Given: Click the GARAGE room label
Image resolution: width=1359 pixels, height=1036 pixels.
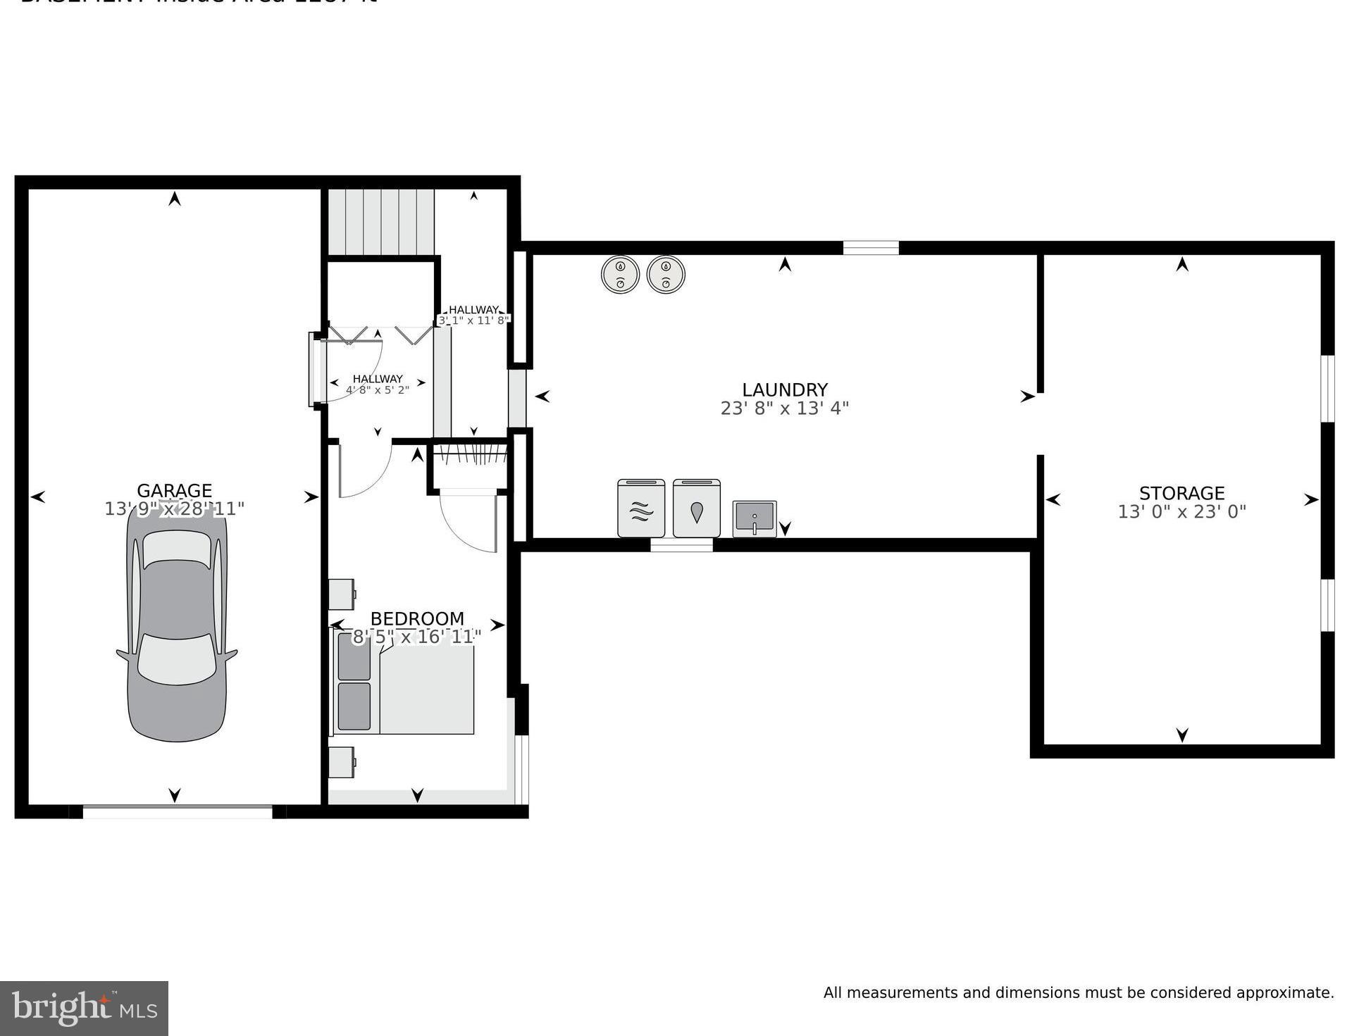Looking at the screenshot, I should pyautogui.click(x=174, y=491).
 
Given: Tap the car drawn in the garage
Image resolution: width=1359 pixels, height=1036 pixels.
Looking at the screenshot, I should pyautogui.click(x=176, y=623).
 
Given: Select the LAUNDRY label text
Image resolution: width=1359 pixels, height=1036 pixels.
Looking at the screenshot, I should pyautogui.click(x=784, y=389).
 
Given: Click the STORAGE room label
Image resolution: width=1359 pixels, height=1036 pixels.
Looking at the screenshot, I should pyautogui.click(x=1181, y=493).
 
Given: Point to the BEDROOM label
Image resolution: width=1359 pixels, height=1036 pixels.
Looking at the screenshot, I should pyautogui.click(x=416, y=618).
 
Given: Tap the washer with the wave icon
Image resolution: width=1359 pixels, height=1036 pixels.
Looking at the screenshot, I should pyautogui.click(x=640, y=508).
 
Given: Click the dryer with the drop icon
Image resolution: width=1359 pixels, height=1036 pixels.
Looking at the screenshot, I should pyautogui.click(x=696, y=508).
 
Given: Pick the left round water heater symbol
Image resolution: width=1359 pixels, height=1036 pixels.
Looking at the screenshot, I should pyautogui.click(x=620, y=275).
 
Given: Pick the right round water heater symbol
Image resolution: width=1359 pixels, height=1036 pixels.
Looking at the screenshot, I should pyautogui.click(x=665, y=275).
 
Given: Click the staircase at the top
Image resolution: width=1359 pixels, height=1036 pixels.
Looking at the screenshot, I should pyautogui.click(x=380, y=221).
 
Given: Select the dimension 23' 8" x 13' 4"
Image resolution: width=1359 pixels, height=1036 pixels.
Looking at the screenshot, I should pyautogui.click(x=784, y=408).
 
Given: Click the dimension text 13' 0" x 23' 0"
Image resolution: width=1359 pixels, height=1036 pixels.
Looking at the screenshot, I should pyautogui.click(x=1181, y=512).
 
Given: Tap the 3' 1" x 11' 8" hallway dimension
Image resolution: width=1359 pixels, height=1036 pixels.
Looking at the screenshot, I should pyautogui.click(x=473, y=320).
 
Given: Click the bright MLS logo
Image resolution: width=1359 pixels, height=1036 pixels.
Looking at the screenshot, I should pyautogui.click(x=84, y=1009).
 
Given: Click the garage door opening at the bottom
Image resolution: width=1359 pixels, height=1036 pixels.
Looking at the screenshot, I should pyautogui.click(x=177, y=811).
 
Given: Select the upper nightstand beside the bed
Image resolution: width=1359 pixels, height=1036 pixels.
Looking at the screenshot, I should pyautogui.click(x=342, y=594).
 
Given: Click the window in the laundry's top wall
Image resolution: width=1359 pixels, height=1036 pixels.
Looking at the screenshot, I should pyautogui.click(x=870, y=247).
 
